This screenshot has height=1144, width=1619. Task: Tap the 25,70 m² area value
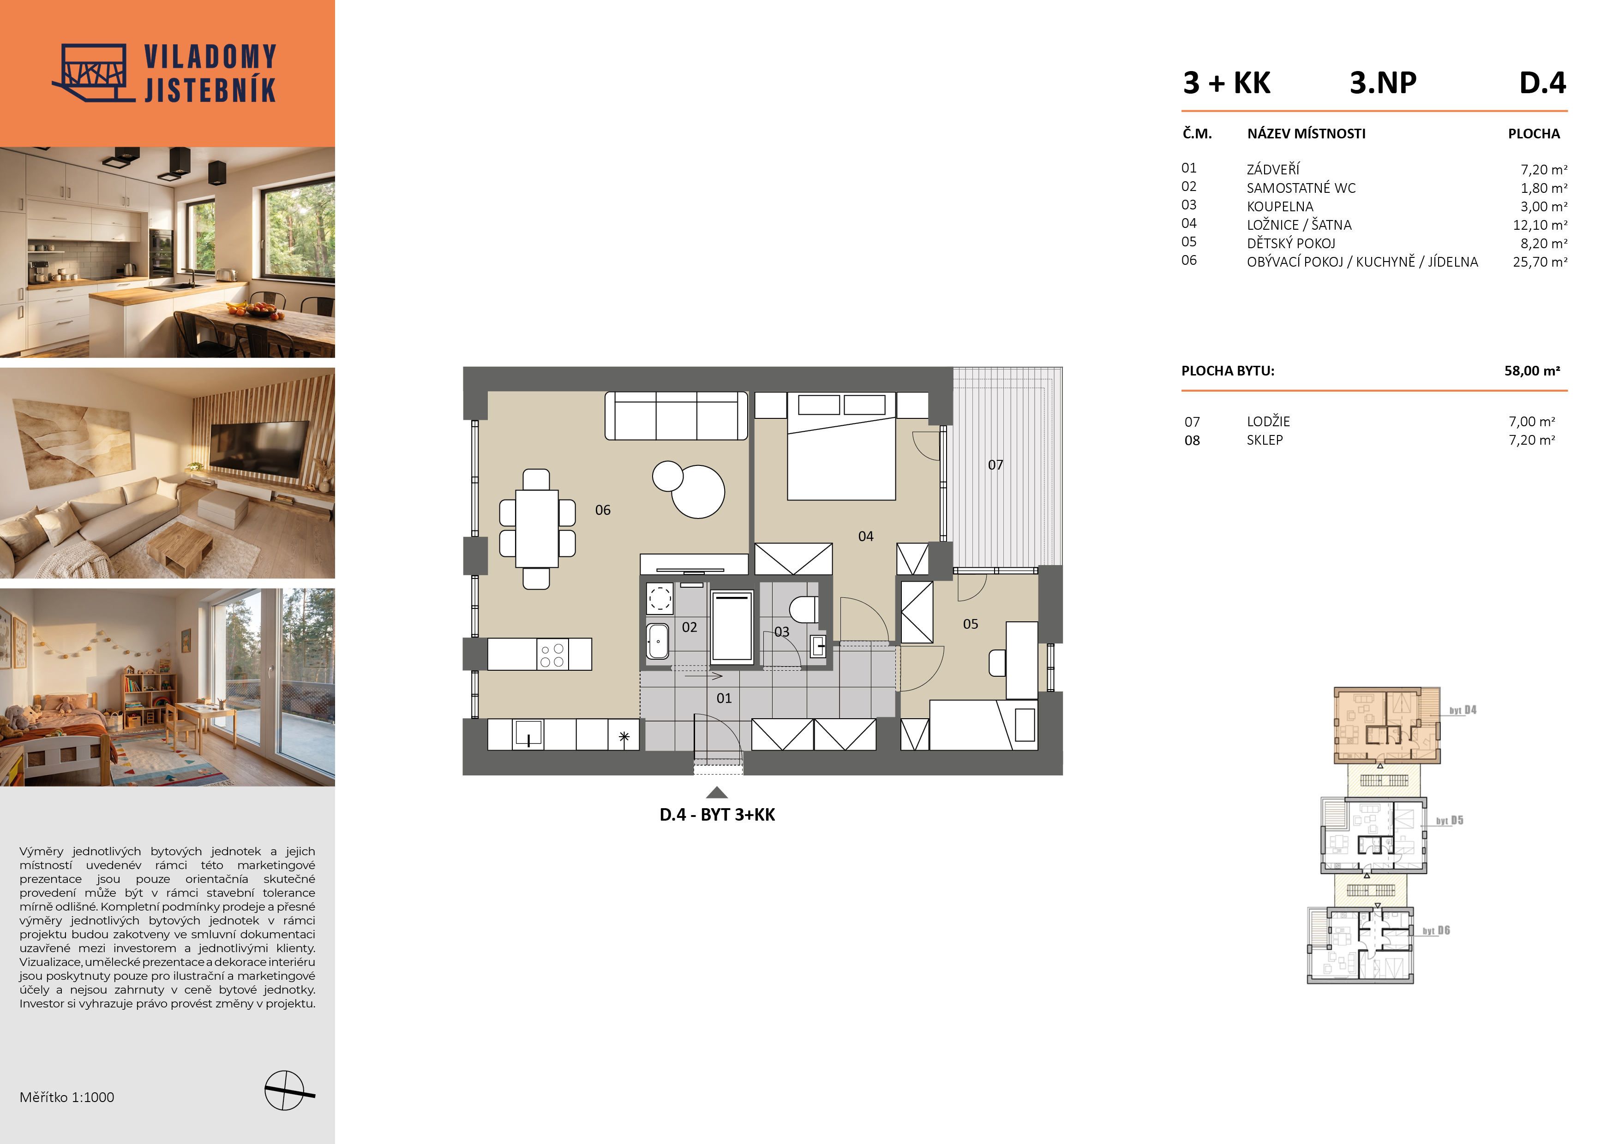click(x=1540, y=262)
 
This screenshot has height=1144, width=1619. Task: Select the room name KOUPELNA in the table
click(x=1280, y=207)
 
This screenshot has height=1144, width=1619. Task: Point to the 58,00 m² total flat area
click(x=1532, y=371)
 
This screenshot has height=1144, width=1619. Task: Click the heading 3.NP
click(x=1383, y=83)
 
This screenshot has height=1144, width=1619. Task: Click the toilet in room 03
click(x=803, y=609)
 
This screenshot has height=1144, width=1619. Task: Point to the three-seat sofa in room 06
click(x=676, y=416)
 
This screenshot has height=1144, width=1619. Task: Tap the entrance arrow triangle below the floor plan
click(x=716, y=792)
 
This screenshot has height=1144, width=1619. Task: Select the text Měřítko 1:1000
click(x=67, y=1097)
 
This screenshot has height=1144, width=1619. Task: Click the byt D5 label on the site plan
click(x=1450, y=821)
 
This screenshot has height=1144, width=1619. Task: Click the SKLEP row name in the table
click(x=1265, y=440)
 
